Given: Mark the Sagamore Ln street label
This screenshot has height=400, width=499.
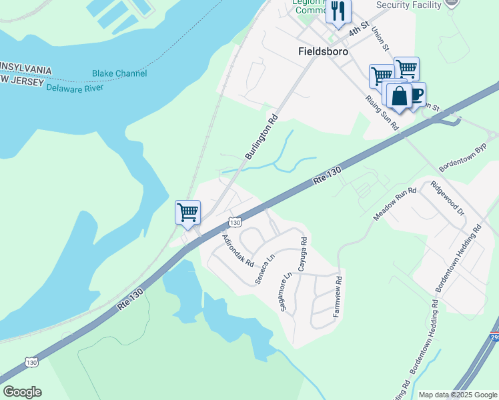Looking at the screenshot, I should (x=289, y=294).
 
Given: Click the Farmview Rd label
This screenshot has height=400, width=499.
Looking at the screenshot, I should (x=338, y=296).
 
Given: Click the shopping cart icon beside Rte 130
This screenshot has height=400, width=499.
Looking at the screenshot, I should (x=187, y=213).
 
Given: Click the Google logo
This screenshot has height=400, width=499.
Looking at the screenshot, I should (x=22, y=392).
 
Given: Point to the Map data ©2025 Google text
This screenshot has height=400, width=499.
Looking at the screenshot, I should (x=457, y=395).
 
